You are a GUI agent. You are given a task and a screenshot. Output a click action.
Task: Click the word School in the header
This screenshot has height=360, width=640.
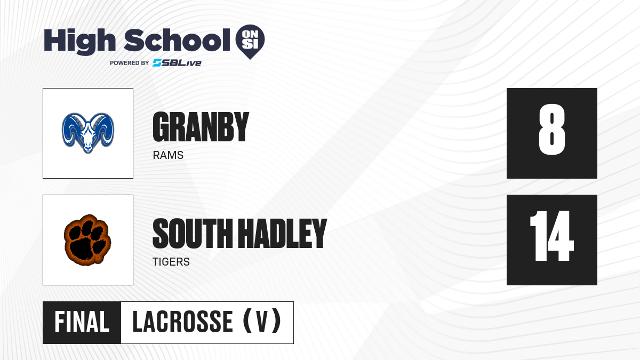[177, 41]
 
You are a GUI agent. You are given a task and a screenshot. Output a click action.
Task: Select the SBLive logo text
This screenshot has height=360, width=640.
[177, 63]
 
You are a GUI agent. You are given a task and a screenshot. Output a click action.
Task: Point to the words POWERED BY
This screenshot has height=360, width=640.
[130, 63]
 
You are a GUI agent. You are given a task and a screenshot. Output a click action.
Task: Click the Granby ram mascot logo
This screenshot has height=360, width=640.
[88, 133]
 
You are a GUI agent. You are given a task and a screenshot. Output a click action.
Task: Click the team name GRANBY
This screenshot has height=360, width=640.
[201, 127]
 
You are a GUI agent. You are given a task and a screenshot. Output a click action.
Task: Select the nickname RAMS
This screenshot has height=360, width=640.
[168, 155]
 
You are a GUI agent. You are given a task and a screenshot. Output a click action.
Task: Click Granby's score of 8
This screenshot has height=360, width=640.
[552, 129]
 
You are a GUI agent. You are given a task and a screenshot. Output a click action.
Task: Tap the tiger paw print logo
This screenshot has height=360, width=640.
[87, 241]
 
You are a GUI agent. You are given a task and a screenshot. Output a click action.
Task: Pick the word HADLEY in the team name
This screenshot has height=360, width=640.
[282, 234]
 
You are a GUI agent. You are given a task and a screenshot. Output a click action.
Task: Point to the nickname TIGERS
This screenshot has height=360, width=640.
[171, 262]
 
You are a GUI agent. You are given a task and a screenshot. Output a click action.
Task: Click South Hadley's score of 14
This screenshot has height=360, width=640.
[552, 236]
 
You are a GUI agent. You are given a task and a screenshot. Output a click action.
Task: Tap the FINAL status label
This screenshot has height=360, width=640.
[82, 322]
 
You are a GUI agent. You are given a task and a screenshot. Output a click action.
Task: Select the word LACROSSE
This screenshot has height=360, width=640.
[183, 322]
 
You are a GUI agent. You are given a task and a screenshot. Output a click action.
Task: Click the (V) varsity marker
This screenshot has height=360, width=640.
[262, 321]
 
